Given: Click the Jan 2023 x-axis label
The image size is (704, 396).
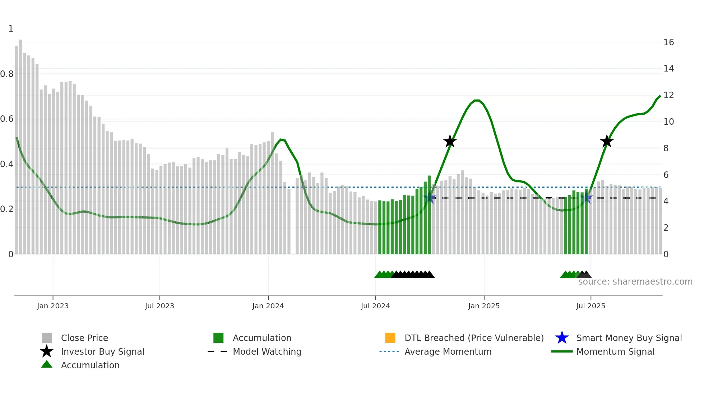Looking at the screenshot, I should pyautogui.click(x=52, y=306).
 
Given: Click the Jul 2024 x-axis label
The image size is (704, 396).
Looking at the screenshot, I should pyautogui.click(x=375, y=306).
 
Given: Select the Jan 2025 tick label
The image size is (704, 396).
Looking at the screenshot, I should pyautogui.click(x=484, y=306).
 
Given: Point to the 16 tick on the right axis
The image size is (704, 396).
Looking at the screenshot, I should pyautogui.click(x=668, y=42).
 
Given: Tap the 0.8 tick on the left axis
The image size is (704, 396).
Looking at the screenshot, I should pyautogui.click(x=7, y=74).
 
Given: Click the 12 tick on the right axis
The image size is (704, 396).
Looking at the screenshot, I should pyautogui.click(x=668, y=95).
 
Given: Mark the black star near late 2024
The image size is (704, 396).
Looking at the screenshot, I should pyautogui.click(x=450, y=141).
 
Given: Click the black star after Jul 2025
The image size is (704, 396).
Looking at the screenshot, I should pyautogui.click(x=607, y=141).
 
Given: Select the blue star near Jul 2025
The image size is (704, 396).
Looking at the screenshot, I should pyautogui.click(x=586, y=198).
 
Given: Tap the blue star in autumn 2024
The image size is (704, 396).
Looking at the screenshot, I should pyautogui.click(x=429, y=198).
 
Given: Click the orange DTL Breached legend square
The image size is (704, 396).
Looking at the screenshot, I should pyautogui.click(x=390, y=338).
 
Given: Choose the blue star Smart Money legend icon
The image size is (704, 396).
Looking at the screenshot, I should pyautogui.click(x=562, y=338).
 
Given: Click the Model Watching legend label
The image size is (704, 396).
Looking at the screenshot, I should pyautogui.click(x=267, y=351).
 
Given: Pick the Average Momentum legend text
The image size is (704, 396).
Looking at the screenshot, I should pyautogui.click(x=448, y=351).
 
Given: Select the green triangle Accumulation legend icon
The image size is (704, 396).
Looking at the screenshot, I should pyautogui.click(x=47, y=364).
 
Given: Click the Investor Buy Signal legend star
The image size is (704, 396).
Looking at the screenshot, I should pyautogui.click(x=47, y=351).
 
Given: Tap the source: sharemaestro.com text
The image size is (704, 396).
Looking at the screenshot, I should pyautogui.click(x=635, y=282).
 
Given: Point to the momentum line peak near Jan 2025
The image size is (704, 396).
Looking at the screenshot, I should pyautogui.click(x=477, y=100).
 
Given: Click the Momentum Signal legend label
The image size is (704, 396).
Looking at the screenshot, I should pyautogui.click(x=615, y=351).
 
